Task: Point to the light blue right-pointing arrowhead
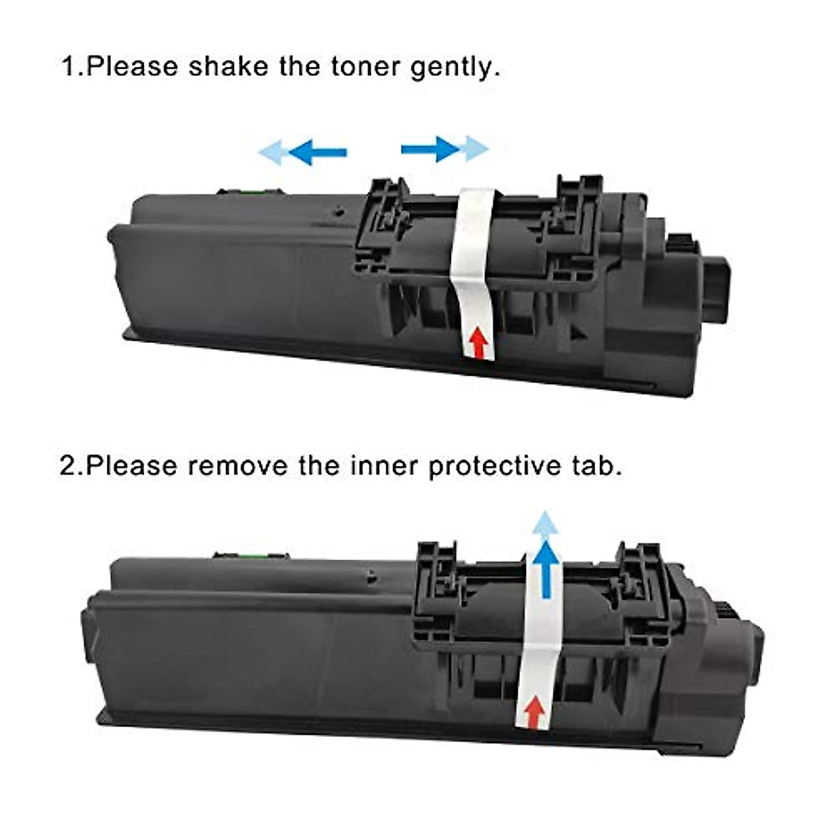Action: (x=476, y=149)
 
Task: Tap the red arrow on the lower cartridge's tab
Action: (x=534, y=713)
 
